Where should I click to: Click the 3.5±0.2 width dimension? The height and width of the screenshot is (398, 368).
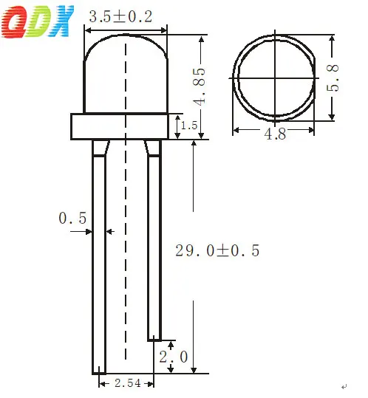coord(120,17)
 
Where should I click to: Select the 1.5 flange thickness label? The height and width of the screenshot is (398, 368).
coord(189,126)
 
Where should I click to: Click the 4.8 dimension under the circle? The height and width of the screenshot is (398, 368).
coord(275,133)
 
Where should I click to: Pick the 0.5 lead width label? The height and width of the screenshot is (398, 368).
coord(72,218)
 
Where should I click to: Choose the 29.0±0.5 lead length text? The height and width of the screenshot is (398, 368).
coord(217,250)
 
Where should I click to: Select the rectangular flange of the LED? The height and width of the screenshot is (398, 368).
coord(119,126)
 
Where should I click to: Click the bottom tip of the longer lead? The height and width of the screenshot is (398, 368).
coord(99,371)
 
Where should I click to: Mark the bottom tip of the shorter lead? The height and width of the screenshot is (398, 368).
coord(154,338)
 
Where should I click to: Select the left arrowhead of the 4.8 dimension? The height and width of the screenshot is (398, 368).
coord(236,130)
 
